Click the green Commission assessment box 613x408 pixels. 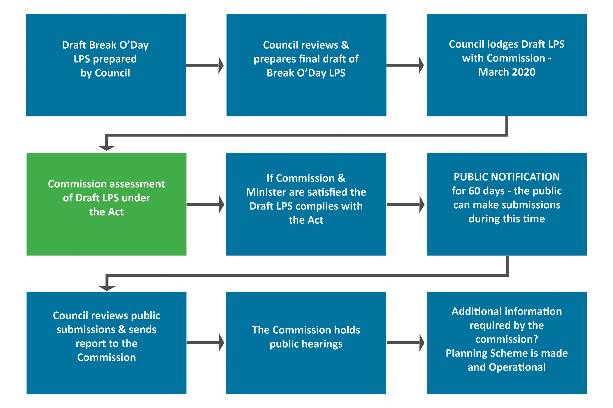click(106, 234)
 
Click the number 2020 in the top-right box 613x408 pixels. click(523, 72)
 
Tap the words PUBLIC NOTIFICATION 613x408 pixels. click(506, 177)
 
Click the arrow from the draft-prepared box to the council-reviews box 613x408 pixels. click(205, 65)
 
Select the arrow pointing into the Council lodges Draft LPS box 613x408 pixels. click(405, 65)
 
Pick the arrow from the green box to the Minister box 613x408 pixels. click(205, 204)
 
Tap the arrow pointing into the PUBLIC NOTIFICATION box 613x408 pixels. click(405, 204)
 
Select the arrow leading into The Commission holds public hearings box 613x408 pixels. click(205, 343)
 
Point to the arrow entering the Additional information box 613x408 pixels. click(405, 343)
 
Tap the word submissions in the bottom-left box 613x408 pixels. click(86, 329)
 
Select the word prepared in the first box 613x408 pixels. click(115, 59)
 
